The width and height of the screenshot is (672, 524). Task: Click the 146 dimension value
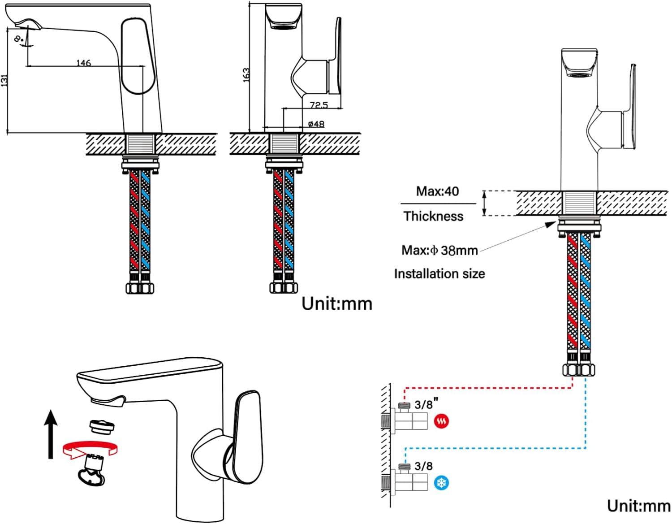[x=84, y=63]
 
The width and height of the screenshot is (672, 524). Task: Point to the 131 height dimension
[x=4, y=81]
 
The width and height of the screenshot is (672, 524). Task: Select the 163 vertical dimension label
[x=246, y=74]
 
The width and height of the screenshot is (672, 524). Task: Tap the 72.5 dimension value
[x=319, y=105]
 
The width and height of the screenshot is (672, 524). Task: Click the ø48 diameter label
[x=316, y=124]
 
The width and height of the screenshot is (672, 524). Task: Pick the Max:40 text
[x=437, y=191]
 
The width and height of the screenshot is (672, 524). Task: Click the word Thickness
[x=433, y=216]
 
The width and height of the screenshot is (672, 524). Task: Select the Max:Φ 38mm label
[x=439, y=250]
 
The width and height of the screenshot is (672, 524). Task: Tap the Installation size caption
[x=439, y=273]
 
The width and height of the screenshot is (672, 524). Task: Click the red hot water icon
[x=441, y=421]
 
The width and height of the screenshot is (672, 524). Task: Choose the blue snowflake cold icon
[x=442, y=483]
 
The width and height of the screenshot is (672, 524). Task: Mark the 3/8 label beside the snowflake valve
[x=423, y=466]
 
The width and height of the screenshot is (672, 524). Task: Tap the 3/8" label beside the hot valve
[x=426, y=404]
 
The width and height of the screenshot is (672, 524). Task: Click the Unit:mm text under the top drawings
[x=337, y=303]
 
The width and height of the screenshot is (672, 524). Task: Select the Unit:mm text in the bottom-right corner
[x=638, y=506]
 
